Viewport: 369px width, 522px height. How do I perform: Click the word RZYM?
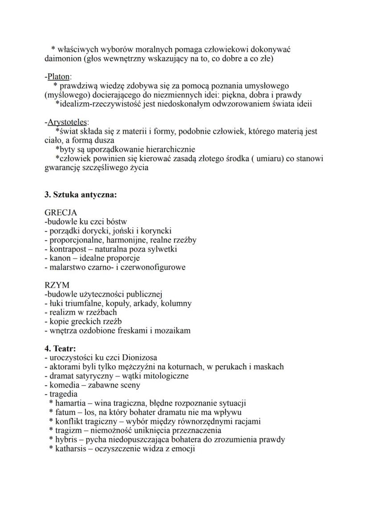click(x=57, y=284)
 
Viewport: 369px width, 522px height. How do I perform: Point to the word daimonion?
click(x=64, y=58)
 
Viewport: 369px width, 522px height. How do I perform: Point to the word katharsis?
click(x=70, y=448)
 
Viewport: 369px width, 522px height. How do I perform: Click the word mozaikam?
click(x=174, y=330)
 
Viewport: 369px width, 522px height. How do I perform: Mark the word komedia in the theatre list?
click(x=62, y=385)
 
